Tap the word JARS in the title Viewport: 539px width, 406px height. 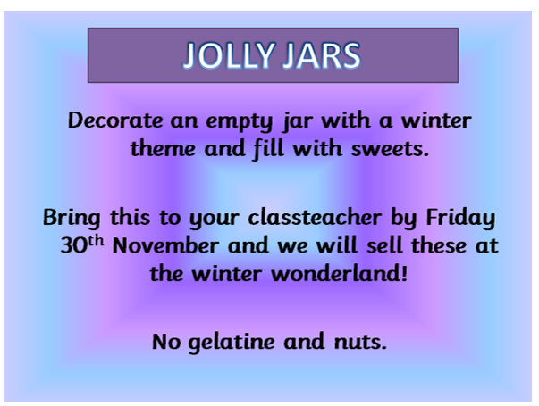[322, 55]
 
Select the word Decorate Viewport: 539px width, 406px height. [115, 120]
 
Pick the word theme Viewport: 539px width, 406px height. [163, 148]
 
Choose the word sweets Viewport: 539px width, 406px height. [390, 149]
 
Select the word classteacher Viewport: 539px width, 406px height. [315, 217]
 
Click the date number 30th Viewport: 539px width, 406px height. [82, 244]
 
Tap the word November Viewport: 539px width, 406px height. [165, 245]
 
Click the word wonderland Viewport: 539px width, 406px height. [335, 274]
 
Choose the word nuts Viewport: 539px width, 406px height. [360, 342]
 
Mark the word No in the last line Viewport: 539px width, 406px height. [166, 342]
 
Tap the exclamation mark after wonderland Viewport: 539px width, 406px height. [404, 274]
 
